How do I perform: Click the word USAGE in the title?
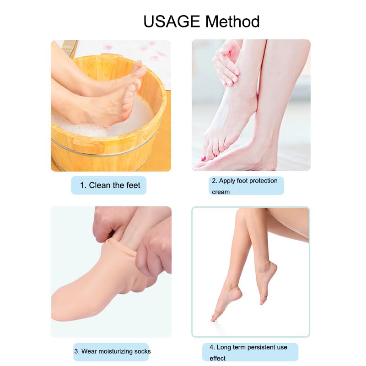coord(172,21)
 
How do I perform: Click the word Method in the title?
coord(232,21)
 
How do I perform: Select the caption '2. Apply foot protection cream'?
coord(245,186)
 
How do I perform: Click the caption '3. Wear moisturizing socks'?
coord(113,351)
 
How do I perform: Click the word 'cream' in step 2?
coord(221,192)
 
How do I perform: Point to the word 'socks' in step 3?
coord(142,351)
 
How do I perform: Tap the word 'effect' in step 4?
coord(218,358)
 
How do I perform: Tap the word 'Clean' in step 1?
coord(100,185)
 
